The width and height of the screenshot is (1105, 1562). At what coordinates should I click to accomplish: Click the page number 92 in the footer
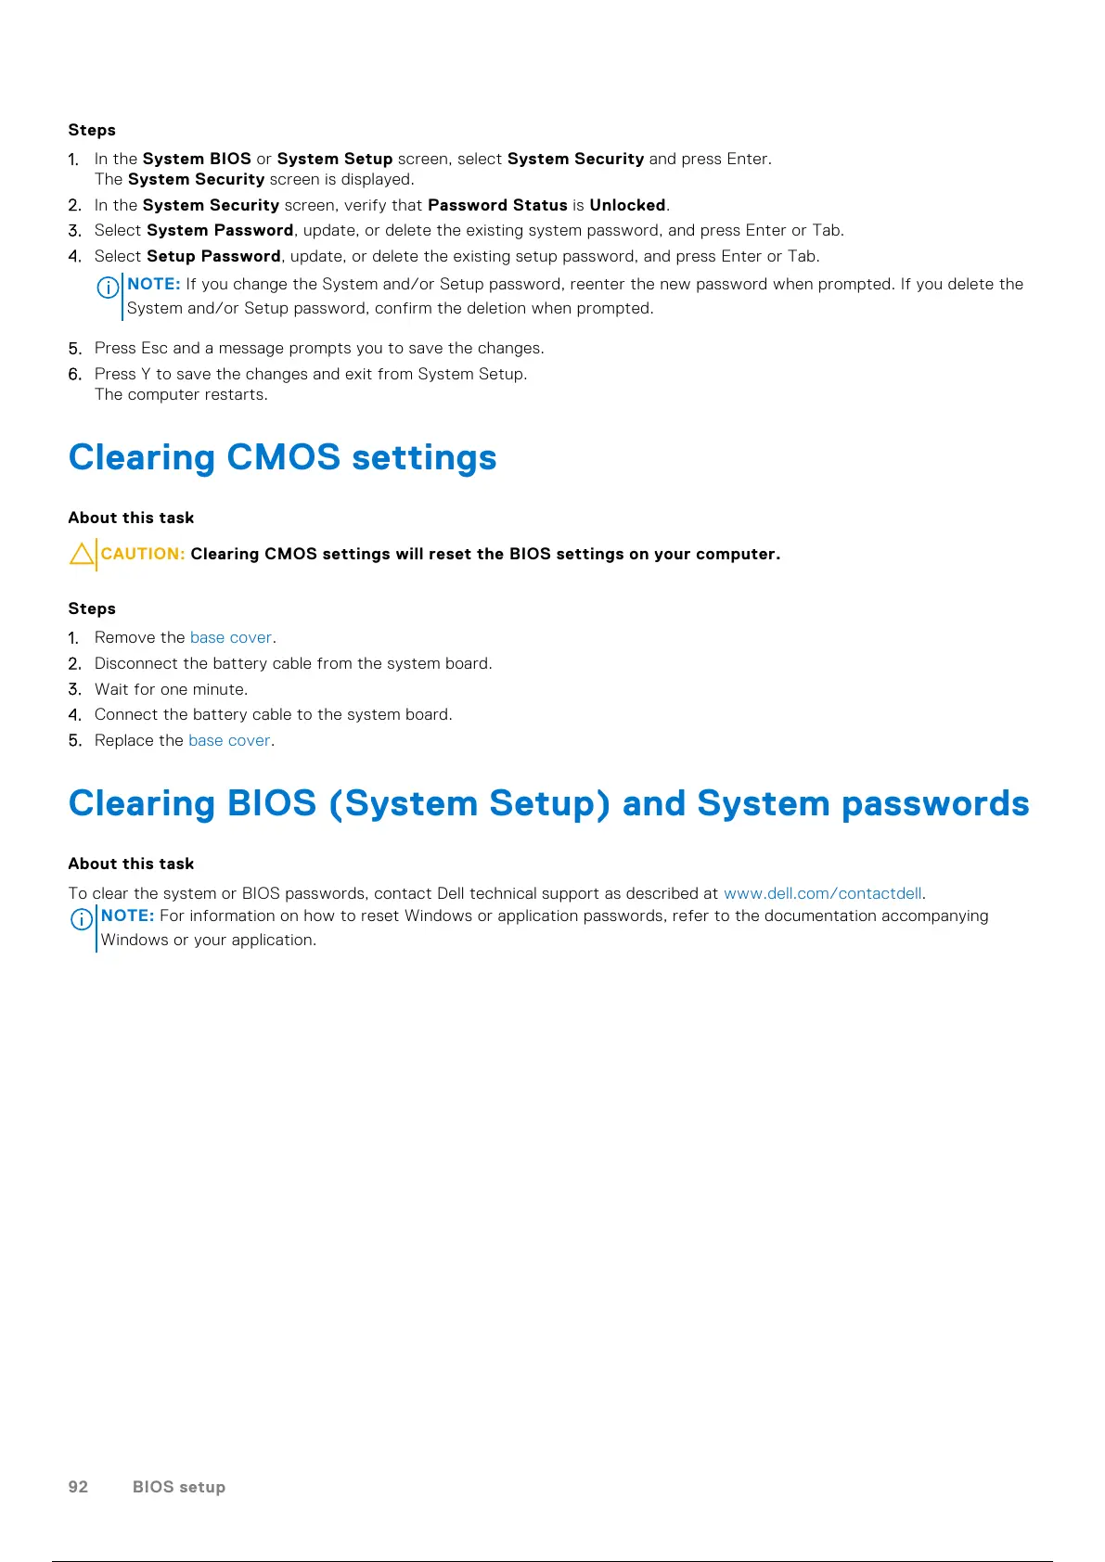pyautogui.click(x=78, y=1486)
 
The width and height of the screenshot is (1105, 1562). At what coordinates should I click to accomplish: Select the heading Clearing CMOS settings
pyautogui.click(x=282, y=457)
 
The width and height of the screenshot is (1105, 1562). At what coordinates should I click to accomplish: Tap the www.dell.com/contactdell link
pyautogui.click(x=822, y=893)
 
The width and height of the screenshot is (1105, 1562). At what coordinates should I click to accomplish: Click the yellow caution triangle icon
pyautogui.click(x=82, y=555)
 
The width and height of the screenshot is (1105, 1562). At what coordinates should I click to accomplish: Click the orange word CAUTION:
pyautogui.click(x=143, y=554)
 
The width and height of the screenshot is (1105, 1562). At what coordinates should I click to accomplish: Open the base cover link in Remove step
pyautogui.click(x=231, y=637)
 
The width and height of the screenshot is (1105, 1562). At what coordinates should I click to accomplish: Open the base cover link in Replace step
pyautogui.click(x=229, y=740)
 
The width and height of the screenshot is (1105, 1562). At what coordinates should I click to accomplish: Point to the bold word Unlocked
pyautogui.click(x=627, y=205)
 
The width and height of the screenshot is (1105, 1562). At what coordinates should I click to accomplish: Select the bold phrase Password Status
pyautogui.click(x=497, y=205)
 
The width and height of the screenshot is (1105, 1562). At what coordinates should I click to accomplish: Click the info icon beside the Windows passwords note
pyautogui.click(x=82, y=918)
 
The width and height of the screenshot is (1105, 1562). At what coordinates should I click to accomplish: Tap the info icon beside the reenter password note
pyautogui.click(x=108, y=287)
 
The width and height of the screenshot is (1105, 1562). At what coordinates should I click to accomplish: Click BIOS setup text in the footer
pyautogui.click(x=179, y=1486)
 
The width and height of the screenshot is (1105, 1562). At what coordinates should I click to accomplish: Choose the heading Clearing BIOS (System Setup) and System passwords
pyautogui.click(x=548, y=803)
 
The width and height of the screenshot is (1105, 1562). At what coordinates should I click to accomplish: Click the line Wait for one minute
pyautogui.click(x=171, y=689)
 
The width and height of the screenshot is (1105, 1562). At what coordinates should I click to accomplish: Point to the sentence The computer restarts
pyautogui.click(x=181, y=394)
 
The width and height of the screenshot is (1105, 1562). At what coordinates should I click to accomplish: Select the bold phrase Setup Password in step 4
pyautogui.click(x=213, y=256)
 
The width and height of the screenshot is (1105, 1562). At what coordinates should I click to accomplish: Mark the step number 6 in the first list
pyautogui.click(x=75, y=374)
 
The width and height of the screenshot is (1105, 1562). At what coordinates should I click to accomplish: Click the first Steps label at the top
pyautogui.click(x=92, y=130)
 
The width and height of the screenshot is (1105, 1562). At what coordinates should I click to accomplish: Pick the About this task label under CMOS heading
pyautogui.click(x=131, y=518)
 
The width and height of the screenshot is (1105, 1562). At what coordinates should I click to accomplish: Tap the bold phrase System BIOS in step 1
pyautogui.click(x=197, y=159)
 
